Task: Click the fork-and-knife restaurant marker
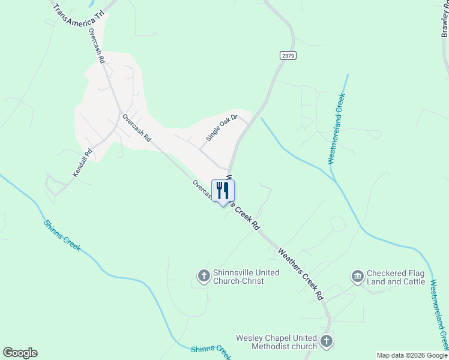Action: pos(223,191)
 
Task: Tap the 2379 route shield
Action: pos(288,55)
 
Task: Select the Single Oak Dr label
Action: pos(221,128)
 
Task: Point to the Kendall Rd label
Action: pos(82,163)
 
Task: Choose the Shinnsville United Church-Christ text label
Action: pos(238,277)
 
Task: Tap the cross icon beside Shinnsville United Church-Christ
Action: pos(203,276)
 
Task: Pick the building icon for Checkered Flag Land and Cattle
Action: pos(358,276)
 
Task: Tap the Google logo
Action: pos(20,353)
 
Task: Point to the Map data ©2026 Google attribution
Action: pos(412,355)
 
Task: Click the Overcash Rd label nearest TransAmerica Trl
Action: pos(97,46)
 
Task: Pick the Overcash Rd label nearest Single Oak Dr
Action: pos(136,128)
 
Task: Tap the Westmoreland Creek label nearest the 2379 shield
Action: pos(336,128)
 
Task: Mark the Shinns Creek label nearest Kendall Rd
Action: pos(62,235)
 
